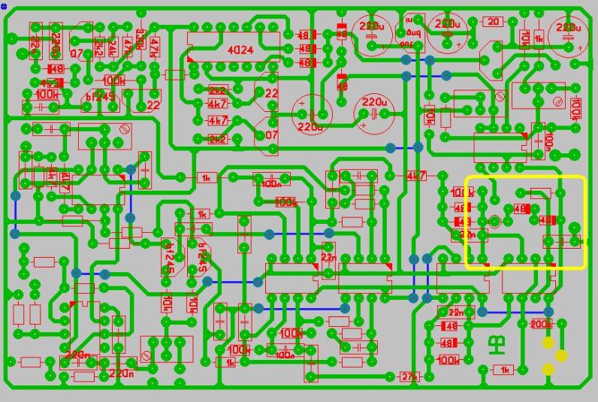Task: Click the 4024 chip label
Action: coord(240,50)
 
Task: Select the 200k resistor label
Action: coord(540,324)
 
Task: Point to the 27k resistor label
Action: coord(409,376)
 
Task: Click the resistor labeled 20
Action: coord(493,22)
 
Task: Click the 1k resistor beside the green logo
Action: coord(504,369)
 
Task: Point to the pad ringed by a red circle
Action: coord(494,221)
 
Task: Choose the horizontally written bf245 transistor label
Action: coord(98,98)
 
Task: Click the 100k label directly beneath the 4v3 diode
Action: coord(47,95)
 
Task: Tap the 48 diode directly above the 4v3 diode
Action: coord(54,68)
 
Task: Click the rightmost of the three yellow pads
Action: coord(561,355)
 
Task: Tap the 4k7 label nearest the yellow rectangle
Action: coord(415,176)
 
